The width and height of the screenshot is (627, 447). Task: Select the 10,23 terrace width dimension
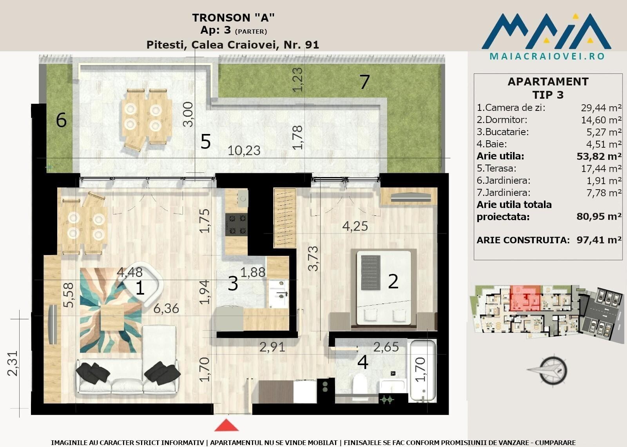[x=244, y=150]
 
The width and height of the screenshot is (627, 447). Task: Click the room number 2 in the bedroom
[x=393, y=282]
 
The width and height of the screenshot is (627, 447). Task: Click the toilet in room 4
[x=360, y=384]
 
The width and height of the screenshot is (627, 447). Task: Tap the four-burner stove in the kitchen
[x=236, y=224]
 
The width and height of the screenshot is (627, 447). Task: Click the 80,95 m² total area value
[x=599, y=216]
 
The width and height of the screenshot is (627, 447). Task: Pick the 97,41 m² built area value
[x=599, y=240]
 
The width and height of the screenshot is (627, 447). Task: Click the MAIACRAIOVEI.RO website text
[x=547, y=56]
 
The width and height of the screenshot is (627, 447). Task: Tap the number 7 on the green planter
[x=365, y=82]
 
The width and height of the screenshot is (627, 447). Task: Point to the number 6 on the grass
[x=61, y=120]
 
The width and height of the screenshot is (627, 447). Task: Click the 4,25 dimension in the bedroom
[x=355, y=226]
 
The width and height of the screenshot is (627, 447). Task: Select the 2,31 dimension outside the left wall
[x=13, y=363]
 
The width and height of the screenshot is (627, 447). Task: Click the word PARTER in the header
[x=251, y=32]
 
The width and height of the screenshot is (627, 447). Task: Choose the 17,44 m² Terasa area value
[x=601, y=168]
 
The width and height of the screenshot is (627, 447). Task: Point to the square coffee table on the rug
[x=112, y=318]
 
